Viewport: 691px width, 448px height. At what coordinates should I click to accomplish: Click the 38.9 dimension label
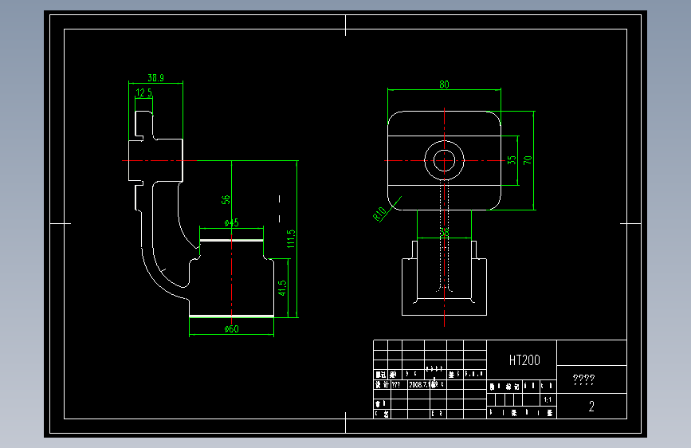[156, 78]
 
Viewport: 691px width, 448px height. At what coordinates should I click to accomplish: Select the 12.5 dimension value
[144, 93]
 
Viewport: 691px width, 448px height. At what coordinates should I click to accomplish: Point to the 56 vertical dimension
[226, 199]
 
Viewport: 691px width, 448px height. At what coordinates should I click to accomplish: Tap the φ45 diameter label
[231, 223]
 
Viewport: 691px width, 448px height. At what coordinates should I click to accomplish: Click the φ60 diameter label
[231, 328]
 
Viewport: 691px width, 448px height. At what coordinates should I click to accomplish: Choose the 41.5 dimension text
[282, 289]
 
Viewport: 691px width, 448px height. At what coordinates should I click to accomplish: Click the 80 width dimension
[444, 84]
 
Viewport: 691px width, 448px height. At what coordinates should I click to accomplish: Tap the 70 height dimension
[528, 159]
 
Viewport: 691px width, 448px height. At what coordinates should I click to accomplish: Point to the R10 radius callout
[379, 213]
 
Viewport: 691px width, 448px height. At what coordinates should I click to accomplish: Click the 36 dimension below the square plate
[445, 232]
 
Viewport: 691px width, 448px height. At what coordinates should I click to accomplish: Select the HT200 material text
[524, 360]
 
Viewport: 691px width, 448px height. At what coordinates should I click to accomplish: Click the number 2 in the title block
[591, 407]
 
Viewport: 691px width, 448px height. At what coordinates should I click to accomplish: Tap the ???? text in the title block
[584, 381]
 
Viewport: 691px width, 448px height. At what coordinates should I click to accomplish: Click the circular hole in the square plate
[444, 159]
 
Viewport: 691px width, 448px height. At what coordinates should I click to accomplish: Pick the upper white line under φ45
[231, 239]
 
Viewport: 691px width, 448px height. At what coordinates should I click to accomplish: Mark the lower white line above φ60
[231, 316]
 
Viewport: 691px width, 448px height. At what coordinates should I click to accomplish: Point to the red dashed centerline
[231, 271]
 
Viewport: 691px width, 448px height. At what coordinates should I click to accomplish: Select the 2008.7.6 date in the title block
[421, 383]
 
